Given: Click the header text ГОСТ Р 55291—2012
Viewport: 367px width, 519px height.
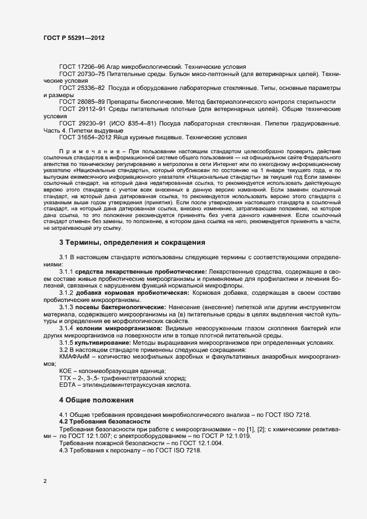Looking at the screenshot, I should (x=74, y=38).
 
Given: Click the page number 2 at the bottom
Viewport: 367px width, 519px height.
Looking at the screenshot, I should (x=45, y=481).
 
